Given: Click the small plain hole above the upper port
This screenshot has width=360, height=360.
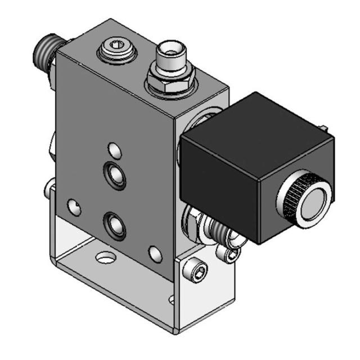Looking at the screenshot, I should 115,150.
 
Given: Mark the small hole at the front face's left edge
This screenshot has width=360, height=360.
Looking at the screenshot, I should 73,207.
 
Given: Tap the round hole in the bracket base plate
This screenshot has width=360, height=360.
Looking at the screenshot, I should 105,258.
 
